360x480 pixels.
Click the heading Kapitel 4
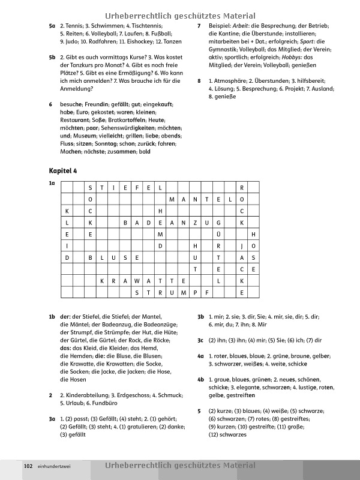[63, 171]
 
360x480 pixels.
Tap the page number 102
[28, 466]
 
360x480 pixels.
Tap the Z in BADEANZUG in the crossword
[196, 222]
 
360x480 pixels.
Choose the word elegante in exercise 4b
[241, 387]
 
